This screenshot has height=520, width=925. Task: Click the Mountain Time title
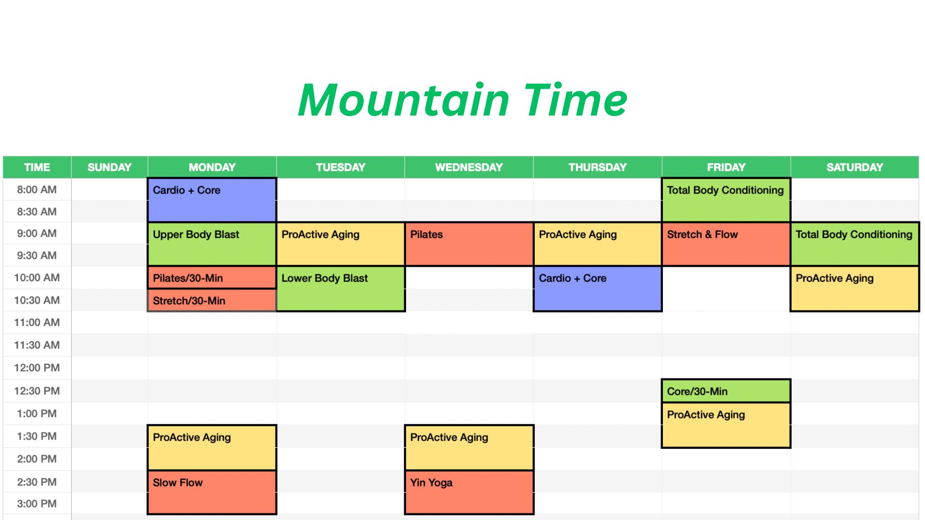[462, 100]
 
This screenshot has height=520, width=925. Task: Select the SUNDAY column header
[109, 167]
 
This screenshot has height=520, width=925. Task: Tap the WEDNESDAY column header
[469, 167]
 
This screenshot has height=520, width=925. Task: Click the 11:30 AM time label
[37, 345]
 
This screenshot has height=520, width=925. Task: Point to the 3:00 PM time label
[37, 504]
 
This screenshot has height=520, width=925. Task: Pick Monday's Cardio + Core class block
[212, 200]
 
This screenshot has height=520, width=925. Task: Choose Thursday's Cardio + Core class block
[597, 289]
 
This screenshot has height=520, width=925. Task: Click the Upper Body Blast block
[212, 244]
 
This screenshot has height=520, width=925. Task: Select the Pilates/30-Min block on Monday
[212, 278]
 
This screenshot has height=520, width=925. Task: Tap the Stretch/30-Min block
[212, 300]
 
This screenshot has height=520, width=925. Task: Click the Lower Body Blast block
[341, 289]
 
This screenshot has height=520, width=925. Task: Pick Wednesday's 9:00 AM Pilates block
[469, 244]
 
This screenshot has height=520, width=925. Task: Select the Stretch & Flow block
[726, 244]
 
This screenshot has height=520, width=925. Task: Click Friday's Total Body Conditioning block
[726, 200]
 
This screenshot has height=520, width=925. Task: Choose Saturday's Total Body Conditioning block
[855, 244]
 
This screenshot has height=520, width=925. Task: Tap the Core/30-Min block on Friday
[726, 391]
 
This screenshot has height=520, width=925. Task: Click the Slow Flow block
[212, 492]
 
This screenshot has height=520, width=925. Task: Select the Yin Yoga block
[469, 492]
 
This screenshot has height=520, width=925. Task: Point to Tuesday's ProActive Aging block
[341, 244]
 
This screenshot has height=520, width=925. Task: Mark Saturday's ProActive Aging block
[855, 289]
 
